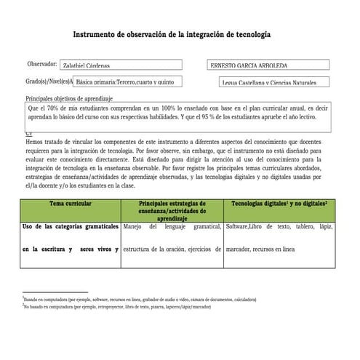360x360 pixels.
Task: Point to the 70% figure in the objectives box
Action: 59,108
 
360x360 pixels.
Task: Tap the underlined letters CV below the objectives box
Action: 28,135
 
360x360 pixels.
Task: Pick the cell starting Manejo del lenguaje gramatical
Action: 172,227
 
